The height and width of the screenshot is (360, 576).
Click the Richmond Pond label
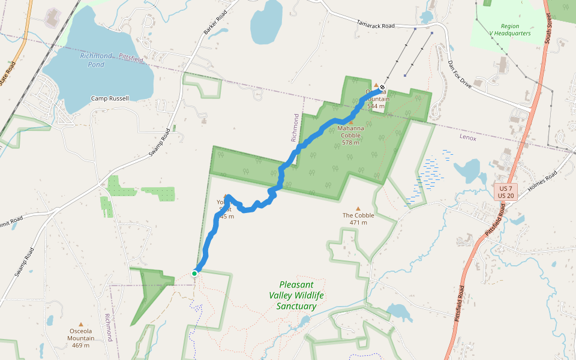(x=96, y=60)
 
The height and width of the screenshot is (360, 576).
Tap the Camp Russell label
(x=110, y=98)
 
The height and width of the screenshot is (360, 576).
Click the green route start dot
(x=194, y=274)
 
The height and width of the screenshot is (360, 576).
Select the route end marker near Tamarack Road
(x=382, y=88)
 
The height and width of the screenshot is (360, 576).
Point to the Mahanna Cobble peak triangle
(x=351, y=122)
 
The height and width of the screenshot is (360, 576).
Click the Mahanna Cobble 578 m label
(x=350, y=135)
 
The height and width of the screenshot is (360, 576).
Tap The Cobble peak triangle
(x=358, y=209)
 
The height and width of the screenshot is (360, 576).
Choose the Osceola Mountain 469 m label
(x=80, y=338)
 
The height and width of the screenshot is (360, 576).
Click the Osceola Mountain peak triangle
(x=81, y=324)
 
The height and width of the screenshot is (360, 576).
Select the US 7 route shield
(x=504, y=188)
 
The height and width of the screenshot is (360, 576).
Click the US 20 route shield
(x=504, y=196)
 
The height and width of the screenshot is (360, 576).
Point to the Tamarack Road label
(x=376, y=26)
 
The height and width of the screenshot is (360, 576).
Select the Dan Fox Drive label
(x=460, y=76)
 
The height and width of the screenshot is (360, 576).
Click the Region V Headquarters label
(x=510, y=30)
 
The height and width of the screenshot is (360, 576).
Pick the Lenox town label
(x=468, y=138)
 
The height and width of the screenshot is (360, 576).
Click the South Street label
(x=548, y=26)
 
